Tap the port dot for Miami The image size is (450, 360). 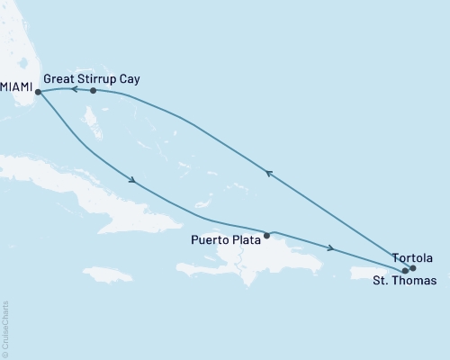pyautogui.click(x=38, y=91)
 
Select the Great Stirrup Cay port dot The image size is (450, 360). pyautogui.click(x=94, y=90)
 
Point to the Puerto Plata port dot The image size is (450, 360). pyautogui.click(x=266, y=236)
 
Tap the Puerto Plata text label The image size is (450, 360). pyautogui.click(x=226, y=239)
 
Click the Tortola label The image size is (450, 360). pyautogui.click(x=413, y=257)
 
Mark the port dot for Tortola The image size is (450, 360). pyautogui.click(x=413, y=267)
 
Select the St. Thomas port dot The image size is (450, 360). pyautogui.click(x=405, y=270)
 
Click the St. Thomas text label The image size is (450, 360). pyautogui.click(x=405, y=282)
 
